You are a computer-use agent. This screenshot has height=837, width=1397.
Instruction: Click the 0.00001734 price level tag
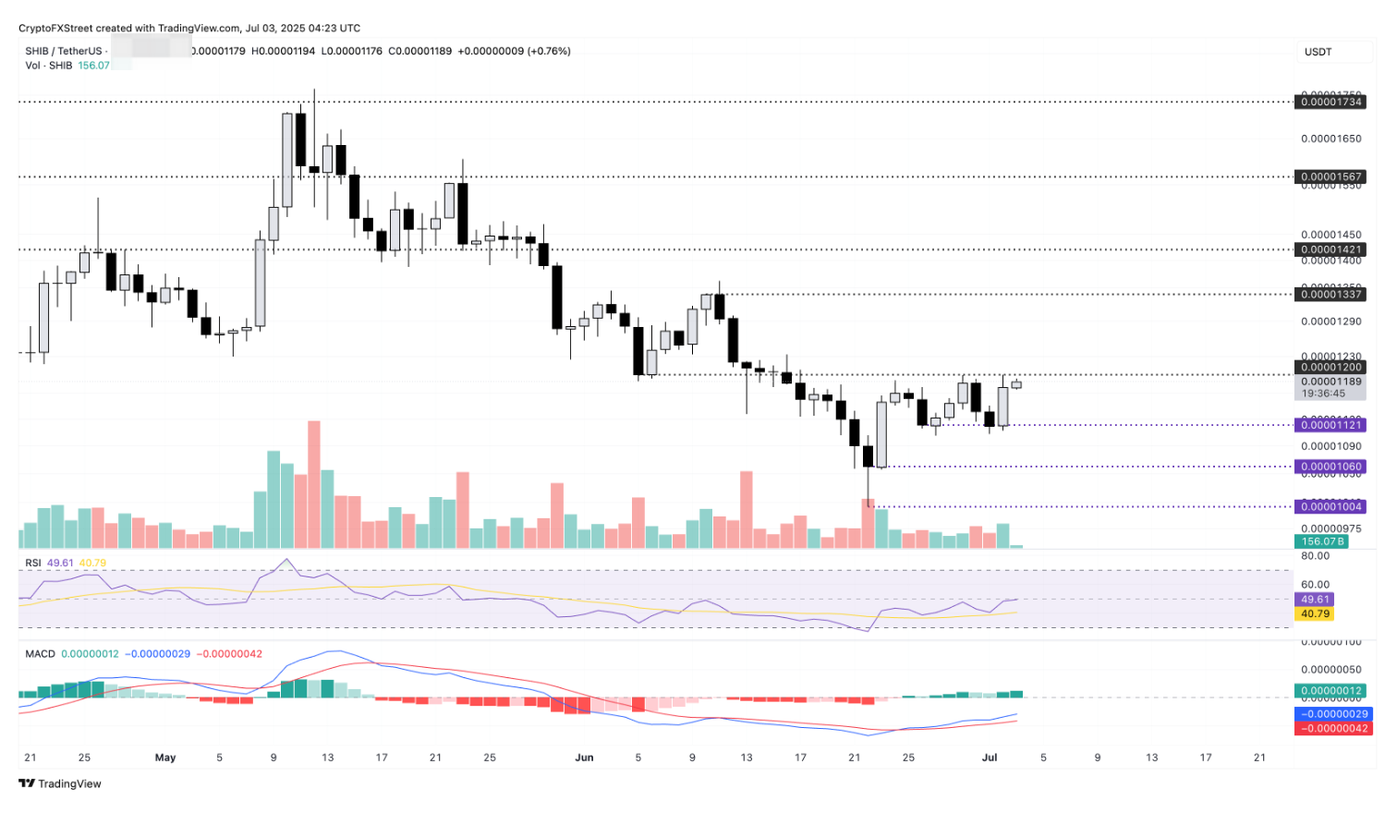tap(1330, 103)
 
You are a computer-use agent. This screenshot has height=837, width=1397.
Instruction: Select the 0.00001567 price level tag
tap(1330, 177)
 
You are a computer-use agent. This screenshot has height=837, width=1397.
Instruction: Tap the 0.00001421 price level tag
tap(1330, 250)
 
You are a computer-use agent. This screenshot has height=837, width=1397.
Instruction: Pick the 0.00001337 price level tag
tap(1330, 295)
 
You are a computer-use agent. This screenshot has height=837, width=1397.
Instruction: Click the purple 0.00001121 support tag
tap(1330, 425)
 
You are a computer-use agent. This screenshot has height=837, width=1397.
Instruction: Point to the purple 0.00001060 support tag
tap(1330, 467)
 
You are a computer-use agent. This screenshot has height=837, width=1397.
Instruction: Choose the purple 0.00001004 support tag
tap(1330, 507)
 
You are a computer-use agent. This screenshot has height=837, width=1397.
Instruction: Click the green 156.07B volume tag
tap(1322, 542)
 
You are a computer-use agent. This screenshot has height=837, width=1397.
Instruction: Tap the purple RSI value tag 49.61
tap(1315, 600)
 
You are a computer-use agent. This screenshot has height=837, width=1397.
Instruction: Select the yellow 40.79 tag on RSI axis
tap(1315, 614)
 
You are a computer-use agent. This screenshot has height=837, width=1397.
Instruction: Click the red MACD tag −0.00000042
tap(1334, 729)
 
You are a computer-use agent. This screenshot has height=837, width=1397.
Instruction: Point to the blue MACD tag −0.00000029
tap(1334, 714)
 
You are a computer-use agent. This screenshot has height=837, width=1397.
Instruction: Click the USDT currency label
tap(1318, 52)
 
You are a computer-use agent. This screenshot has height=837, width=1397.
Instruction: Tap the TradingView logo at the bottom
tap(60, 784)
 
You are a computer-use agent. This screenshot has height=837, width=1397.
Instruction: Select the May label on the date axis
tap(165, 758)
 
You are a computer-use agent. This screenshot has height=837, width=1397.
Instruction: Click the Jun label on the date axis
tap(584, 758)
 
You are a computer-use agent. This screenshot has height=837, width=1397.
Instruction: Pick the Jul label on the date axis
tap(990, 758)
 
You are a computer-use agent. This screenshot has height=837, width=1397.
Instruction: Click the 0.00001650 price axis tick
tap(1330, 139)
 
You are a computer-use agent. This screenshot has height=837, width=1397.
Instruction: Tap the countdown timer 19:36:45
tap(1323, 394)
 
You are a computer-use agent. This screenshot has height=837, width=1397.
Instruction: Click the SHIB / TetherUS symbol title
tap(64, 52)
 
